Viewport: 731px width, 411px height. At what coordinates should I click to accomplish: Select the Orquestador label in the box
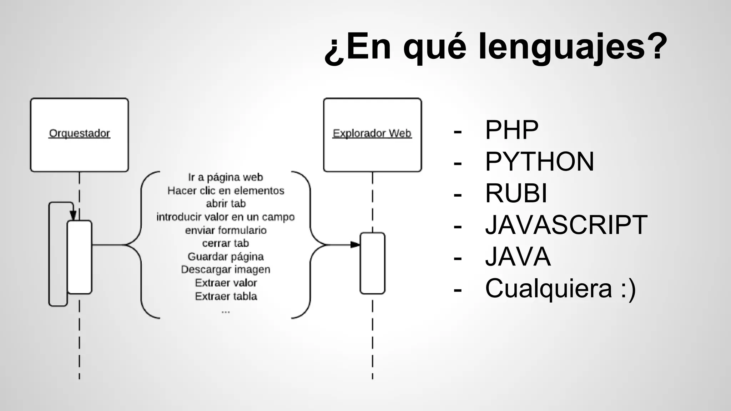(79, 133)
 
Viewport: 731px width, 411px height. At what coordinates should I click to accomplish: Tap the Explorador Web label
(372, 133)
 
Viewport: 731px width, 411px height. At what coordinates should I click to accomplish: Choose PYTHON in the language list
(539, 162)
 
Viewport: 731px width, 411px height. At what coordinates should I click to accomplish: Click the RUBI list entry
(516, 193)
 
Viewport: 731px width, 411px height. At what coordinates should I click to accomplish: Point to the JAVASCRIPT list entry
(566, 225)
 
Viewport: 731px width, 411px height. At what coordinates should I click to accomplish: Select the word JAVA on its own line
(518, 257)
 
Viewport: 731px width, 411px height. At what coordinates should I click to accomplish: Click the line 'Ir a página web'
(226, 177)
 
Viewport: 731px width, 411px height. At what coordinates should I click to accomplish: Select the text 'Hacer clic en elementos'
(226, 191)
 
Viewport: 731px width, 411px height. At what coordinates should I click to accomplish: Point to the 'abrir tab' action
(226, 204)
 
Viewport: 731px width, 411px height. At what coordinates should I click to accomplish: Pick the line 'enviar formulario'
(226, 230)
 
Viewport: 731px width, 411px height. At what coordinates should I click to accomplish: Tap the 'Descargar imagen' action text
(226, 269)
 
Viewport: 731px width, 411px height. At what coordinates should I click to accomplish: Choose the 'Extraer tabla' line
(226, 296)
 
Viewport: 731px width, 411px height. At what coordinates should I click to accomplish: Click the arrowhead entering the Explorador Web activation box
(355, 245)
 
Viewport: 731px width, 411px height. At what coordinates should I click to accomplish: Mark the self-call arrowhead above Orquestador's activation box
(73, 215)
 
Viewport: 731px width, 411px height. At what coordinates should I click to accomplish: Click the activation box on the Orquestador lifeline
(79, 257)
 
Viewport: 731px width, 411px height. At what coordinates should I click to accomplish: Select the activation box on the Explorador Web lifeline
(372, 263)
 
